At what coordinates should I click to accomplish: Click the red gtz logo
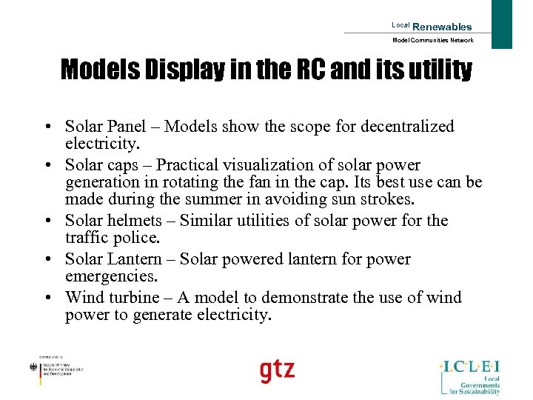(x=277, y=370)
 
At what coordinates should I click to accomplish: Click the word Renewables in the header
(x=442, y=27)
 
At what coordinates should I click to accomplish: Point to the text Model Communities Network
(x=432, y=40)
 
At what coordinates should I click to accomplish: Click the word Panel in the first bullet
(x=134, y=127)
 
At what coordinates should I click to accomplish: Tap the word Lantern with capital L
(x=135, y=259)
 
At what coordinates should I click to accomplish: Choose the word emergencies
(x=110, y=277)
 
